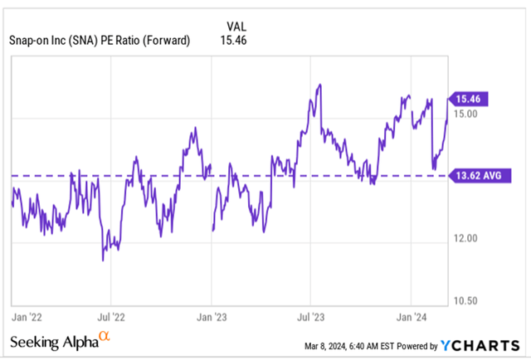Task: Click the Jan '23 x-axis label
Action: click(x=211, y=316)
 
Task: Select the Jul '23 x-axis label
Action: click(x=311, y=316)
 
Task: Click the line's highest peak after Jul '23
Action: click(x=319, y=85)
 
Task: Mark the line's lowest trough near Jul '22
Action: click(x=103, y=260)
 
